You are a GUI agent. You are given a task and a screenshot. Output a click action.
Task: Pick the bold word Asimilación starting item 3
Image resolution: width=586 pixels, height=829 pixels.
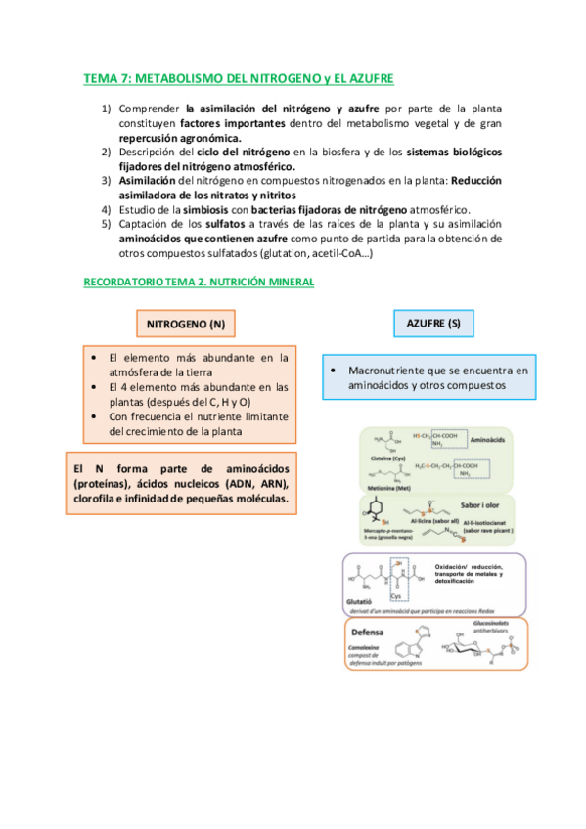pyautogui.click(x=153, y=181)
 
